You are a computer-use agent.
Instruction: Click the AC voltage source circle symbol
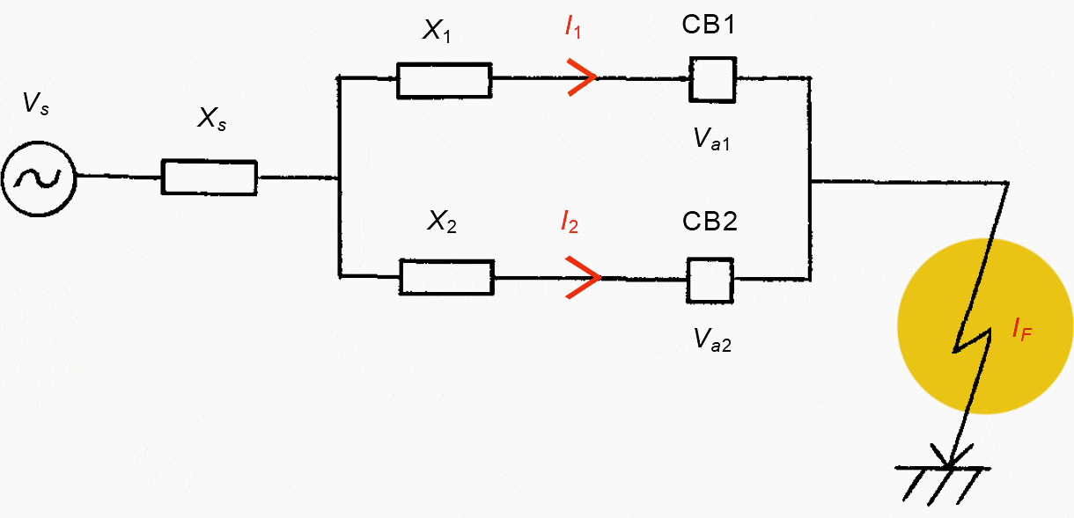[39, 178]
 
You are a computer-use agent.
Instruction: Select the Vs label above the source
[36, 106]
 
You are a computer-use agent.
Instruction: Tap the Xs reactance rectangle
[210, 178]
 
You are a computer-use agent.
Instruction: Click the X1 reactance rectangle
[444, 80]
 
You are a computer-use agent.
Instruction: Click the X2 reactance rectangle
[446, 277]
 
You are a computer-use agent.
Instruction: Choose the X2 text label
[441, 223]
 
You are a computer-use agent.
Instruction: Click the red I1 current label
[573, 28]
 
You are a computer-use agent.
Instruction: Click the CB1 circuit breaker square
[711, 79]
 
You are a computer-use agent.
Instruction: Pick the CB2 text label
[709, 221]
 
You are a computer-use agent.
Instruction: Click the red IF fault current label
[1021, 332]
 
